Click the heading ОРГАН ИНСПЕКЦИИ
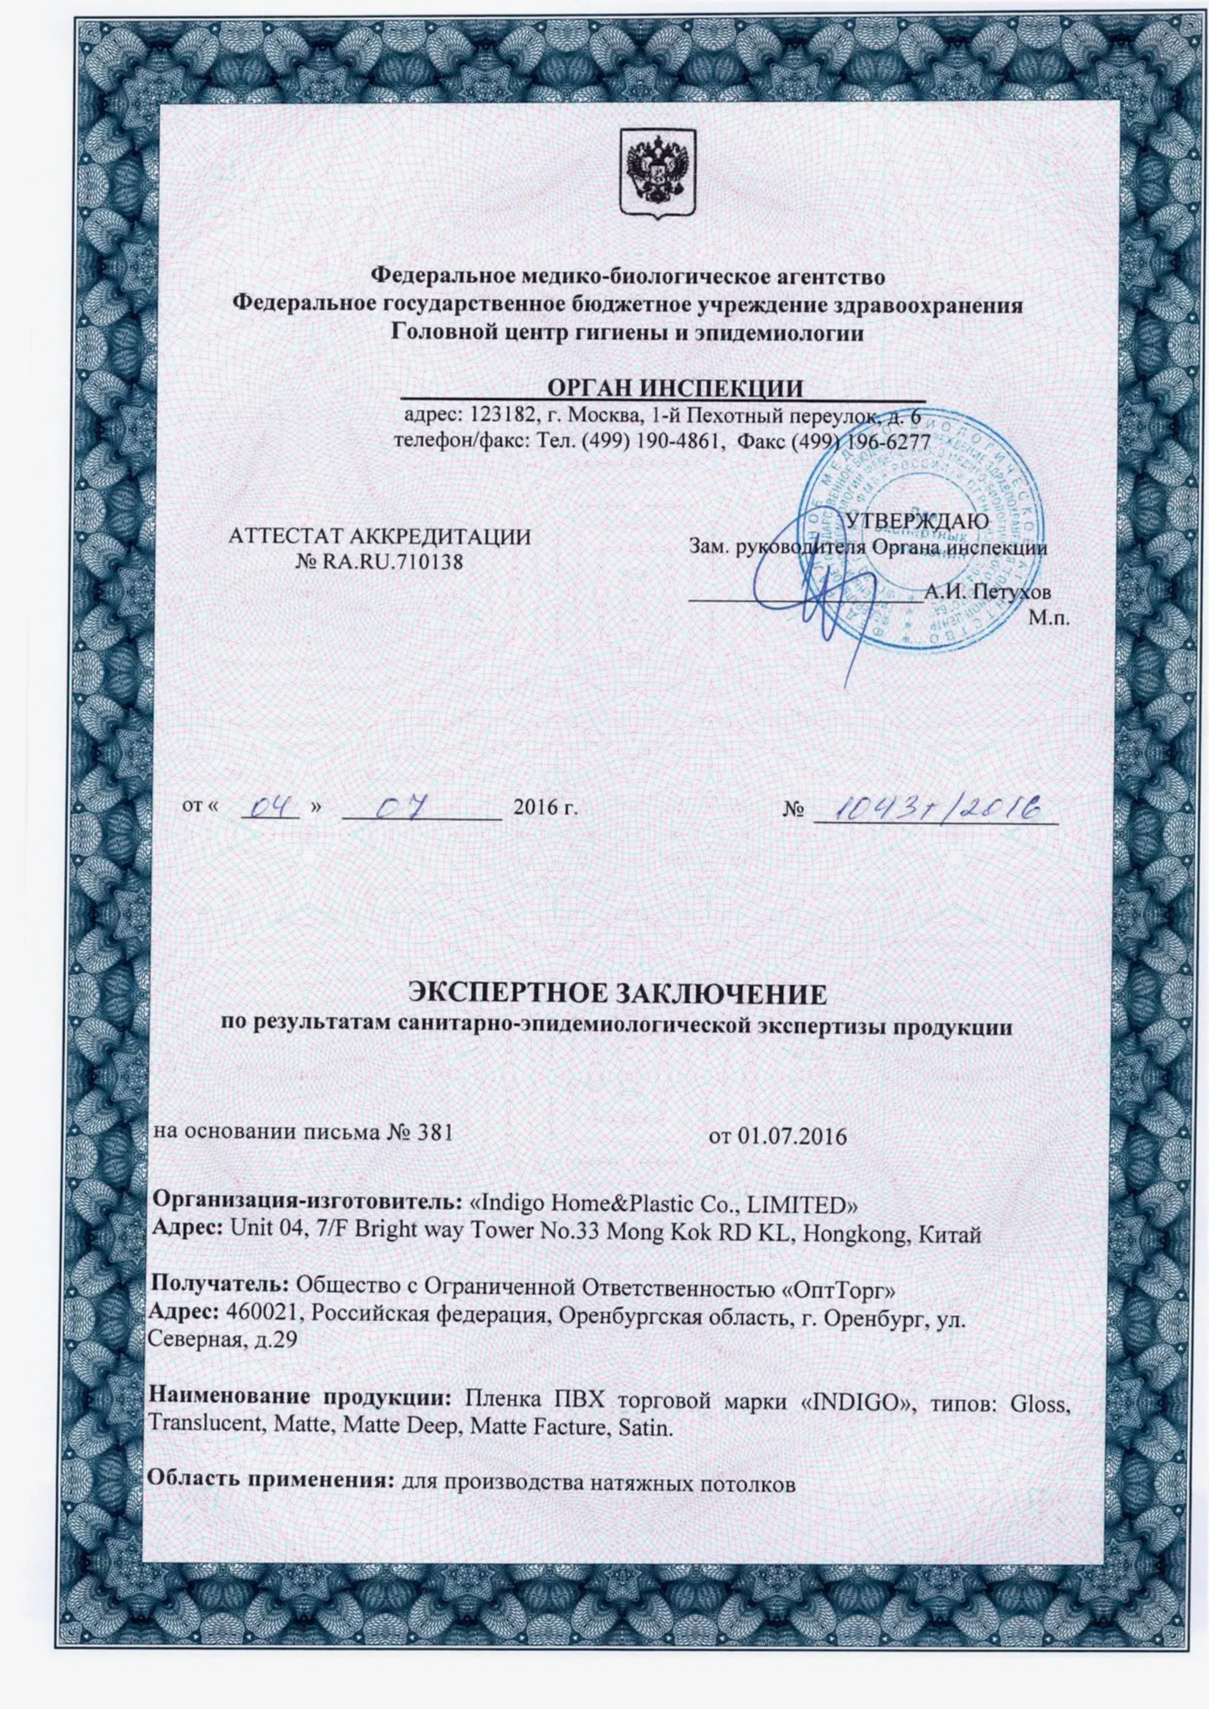pos(675,389)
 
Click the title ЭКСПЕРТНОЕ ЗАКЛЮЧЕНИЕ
pos(618,994)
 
